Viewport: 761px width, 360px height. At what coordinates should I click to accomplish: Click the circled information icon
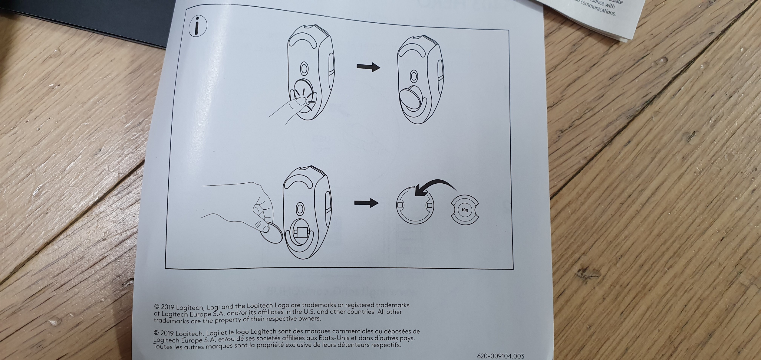point(198,26)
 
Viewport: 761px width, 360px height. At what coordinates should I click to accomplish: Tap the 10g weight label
point(465,210)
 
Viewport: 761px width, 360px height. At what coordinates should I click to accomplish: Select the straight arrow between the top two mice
point(368,67)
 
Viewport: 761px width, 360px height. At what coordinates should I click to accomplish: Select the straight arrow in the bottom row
point(366,202)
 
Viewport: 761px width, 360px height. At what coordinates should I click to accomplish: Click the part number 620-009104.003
point(500,356)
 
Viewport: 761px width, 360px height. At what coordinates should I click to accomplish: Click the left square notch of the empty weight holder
point(400,205)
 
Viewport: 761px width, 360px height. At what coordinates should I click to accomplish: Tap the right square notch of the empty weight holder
point(429,205)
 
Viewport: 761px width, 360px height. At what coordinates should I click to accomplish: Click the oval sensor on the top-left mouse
point(304,69)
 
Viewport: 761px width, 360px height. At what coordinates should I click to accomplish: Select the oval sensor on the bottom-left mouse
point(300,208)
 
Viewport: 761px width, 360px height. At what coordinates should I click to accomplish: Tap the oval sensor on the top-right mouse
point(413,77)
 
